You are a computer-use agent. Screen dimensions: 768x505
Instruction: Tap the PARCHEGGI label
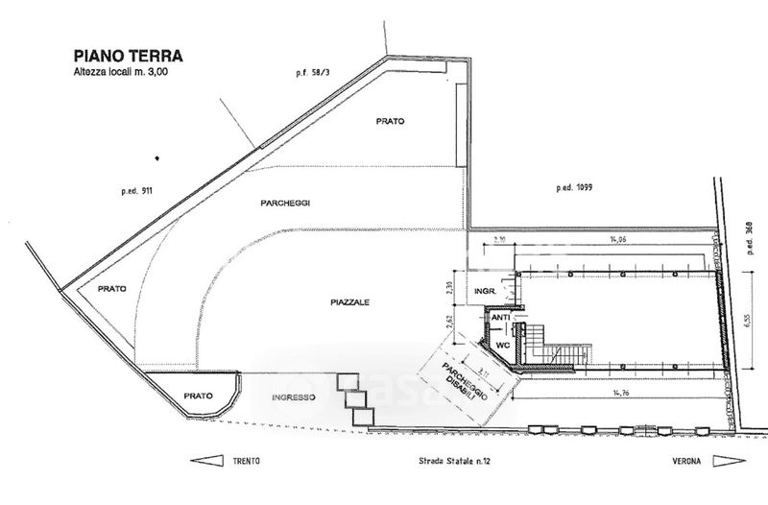pos(286,204)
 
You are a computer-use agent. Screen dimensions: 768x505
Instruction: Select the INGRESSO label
pos(295,397)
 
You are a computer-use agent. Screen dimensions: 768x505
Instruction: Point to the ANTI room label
pos(500,318)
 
